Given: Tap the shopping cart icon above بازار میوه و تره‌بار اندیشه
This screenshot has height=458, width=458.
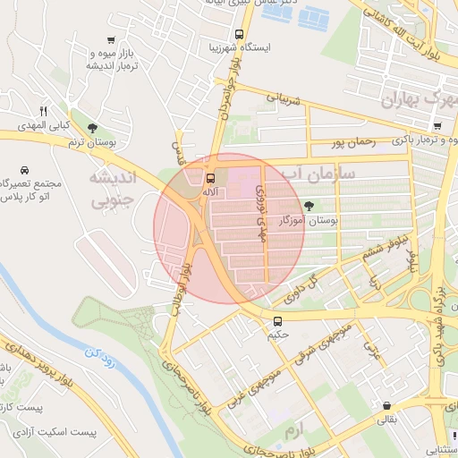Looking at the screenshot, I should click(110, 40).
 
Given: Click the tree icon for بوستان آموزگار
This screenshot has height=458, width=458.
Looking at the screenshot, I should click(310, 205).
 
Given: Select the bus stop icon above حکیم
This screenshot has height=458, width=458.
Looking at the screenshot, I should click(277, 320).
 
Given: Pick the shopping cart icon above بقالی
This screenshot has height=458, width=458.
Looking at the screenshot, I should click(386, 405).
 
